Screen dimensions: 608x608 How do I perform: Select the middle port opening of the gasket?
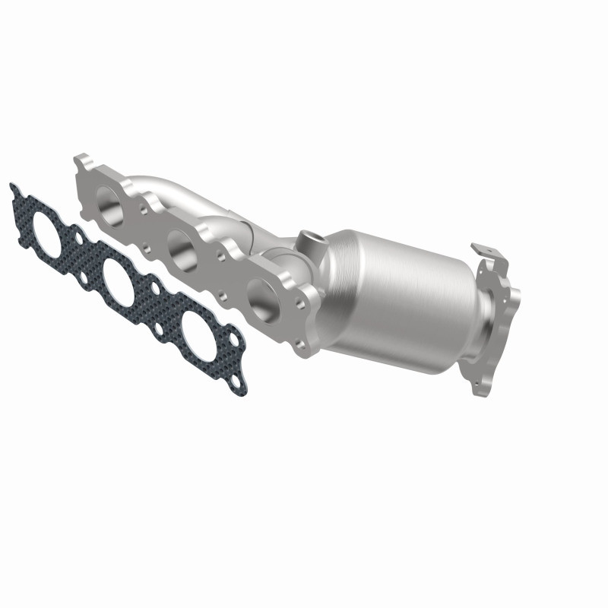pos(119,278)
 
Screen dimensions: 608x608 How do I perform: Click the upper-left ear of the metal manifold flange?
pos(82,162)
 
